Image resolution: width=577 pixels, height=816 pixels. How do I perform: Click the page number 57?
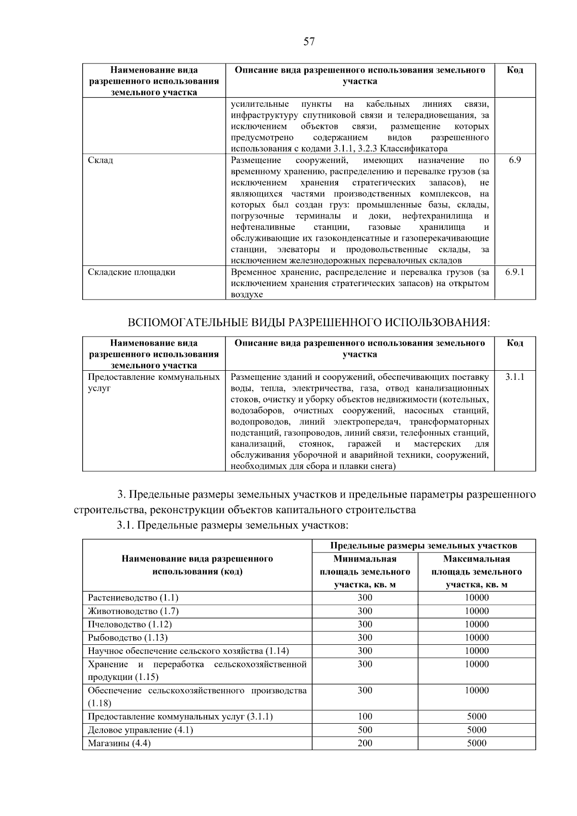(x=309, y=41)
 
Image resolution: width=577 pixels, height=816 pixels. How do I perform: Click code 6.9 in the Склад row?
(x=514, y=160)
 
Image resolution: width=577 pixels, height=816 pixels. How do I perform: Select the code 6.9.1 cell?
(x=514, y=272)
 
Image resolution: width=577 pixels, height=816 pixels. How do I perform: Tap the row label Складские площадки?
(x=131, y=272)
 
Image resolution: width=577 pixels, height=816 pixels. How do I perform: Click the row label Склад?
(x=100, y=160)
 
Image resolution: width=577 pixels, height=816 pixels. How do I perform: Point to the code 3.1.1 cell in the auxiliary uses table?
(x=514, y=377)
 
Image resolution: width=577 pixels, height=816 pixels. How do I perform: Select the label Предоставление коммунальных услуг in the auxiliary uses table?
(x=153, y=382)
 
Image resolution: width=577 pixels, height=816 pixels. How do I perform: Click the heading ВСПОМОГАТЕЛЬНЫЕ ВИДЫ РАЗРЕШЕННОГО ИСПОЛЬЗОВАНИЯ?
(x=309, y=323)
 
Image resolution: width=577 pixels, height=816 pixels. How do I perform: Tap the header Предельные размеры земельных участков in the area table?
(x=423, y=545)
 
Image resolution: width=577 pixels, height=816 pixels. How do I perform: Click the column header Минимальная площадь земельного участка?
(x=364, y=572)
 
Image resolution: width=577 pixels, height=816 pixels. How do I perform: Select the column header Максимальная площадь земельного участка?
(x=477, y=572)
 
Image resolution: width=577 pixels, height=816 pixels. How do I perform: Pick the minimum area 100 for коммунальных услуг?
(x=364, y=716)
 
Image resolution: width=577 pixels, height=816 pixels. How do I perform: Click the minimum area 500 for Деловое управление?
(x=364, y=730)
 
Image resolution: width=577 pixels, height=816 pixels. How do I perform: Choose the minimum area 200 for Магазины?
(x=364, y=743)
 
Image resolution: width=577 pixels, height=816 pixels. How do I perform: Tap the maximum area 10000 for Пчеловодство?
(x=477, y=624)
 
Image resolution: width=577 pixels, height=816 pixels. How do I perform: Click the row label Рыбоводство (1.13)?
(x=127, y=638)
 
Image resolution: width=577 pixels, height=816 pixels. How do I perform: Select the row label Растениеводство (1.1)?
(x=133, y=598)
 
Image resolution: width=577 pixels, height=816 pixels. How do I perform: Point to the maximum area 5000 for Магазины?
(x=477, y=743)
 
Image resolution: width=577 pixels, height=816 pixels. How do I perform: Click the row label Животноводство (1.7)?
(x=133, y=611)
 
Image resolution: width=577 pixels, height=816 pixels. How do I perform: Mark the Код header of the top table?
(x=514, y=70)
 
